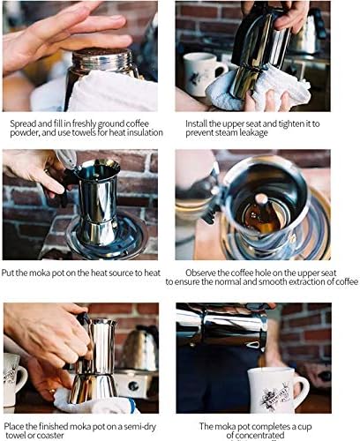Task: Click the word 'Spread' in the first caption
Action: tap(22, 123)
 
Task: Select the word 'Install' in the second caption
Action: tap(196, 123)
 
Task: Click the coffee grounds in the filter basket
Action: tap(102, 51)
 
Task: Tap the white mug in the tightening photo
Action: tap(202, 73)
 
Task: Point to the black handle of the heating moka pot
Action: tap(63, 188)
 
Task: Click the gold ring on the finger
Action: tap(52, 392)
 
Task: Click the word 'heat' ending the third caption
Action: tap(152, 273)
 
